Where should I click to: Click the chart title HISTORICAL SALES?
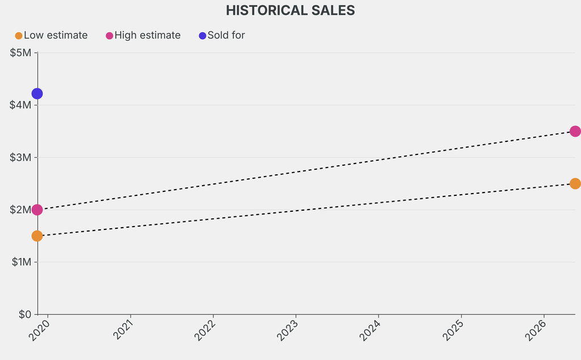click(290, 10)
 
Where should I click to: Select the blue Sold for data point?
click(37, 94)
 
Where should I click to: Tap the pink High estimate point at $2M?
click(37, 210)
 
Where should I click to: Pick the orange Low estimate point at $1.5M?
click(37, 236)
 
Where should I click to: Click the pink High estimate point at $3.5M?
click(575, 131)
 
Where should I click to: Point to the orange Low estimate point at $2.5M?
click(575, 183)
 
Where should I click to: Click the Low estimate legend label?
click(56, 35)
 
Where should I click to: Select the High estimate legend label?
click(148, 35)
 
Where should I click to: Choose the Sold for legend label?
click(226, 35)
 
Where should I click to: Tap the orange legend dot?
click(19, 36)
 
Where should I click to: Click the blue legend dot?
click(203, 36)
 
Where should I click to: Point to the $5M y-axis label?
click(21, 53)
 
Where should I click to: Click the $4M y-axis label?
click(21, 105)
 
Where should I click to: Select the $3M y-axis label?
click(21, 157)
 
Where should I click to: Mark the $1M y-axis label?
click(21, 262)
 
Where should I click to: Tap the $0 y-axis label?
click(24, 314)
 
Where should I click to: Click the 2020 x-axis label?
click(40, 330)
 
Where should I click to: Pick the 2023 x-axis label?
click(288, 330)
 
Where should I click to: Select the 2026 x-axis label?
click(536, 330)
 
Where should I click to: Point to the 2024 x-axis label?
click(371, 330)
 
